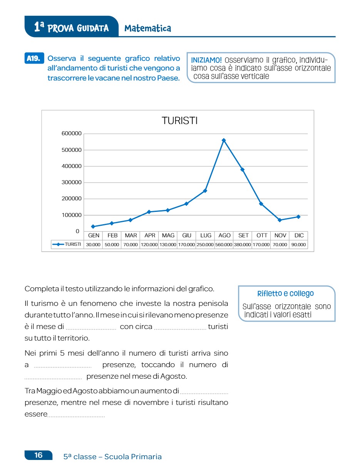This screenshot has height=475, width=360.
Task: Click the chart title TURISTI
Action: pyautogui.click(x=179, y=121)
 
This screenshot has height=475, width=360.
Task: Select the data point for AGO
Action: pyautogui.click(x=224, y=140)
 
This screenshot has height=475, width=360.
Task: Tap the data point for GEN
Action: pyautogui.click(x=93, y=227)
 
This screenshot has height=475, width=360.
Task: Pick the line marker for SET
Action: pyautogui.click(x=243, y=170)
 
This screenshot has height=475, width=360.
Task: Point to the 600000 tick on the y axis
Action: pyautogui.click(x=72, y=134)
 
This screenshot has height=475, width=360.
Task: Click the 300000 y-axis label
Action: pyautogui.click(x=72, y=183)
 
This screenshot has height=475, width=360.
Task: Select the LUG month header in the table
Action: pyautogui.click(x=206, y=235)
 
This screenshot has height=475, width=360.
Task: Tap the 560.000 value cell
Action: pyautogui.click(x=224, y=245)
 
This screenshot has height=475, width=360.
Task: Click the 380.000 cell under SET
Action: pyautogui.click(x=242, y=245)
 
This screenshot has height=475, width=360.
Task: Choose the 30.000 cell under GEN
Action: pyautogui.click(x=93, y=245)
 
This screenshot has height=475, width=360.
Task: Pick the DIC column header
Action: pyautogui.click(x=299, y=235)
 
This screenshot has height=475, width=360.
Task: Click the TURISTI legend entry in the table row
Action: pyautogui.click(x=68, y=245)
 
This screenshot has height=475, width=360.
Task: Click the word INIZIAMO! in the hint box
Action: pyautogui.click(x=206, y=60)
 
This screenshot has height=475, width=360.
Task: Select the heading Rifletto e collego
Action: pyautogui.click(x=285, y=294)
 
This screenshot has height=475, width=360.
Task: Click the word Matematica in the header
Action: pyautogui.click(x=148, y=28)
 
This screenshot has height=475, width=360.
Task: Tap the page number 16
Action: pyautogui.click(x=39, y=455)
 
